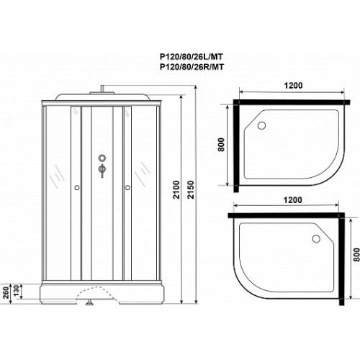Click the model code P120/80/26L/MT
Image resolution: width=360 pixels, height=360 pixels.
tap(192, 57)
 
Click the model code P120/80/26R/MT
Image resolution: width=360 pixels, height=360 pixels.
tap(192, 67)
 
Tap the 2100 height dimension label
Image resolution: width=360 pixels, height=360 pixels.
tap(176, 189)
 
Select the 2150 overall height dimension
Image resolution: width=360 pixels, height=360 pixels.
tap(190, 189)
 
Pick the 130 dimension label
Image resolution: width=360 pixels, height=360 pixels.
tap(16, 291)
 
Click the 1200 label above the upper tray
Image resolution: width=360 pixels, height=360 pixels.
tap(293, 85)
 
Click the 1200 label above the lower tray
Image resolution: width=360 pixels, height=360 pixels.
tap(292, 199)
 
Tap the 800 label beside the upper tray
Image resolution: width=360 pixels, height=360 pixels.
tap(221, 145)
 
